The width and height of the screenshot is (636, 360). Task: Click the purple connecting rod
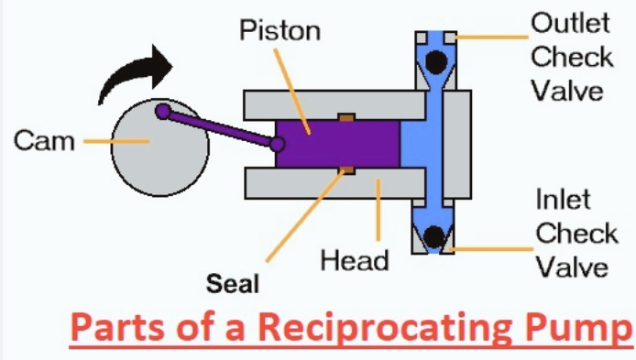[220, 127]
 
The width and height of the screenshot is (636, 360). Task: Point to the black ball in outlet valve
[435, 61]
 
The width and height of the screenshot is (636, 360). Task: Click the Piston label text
[280, 31]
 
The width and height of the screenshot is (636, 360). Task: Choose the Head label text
[354, 260]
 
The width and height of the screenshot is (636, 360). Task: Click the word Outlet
[570, 23]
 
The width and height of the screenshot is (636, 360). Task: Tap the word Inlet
[564, 199]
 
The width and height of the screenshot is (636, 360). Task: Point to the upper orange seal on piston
[345, 116]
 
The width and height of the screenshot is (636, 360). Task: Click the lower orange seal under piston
[345, 170]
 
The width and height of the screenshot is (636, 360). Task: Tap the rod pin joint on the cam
[163, 112]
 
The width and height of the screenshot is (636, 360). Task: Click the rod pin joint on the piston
[278, 143]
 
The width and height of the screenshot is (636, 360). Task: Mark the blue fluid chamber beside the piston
[411, 144]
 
